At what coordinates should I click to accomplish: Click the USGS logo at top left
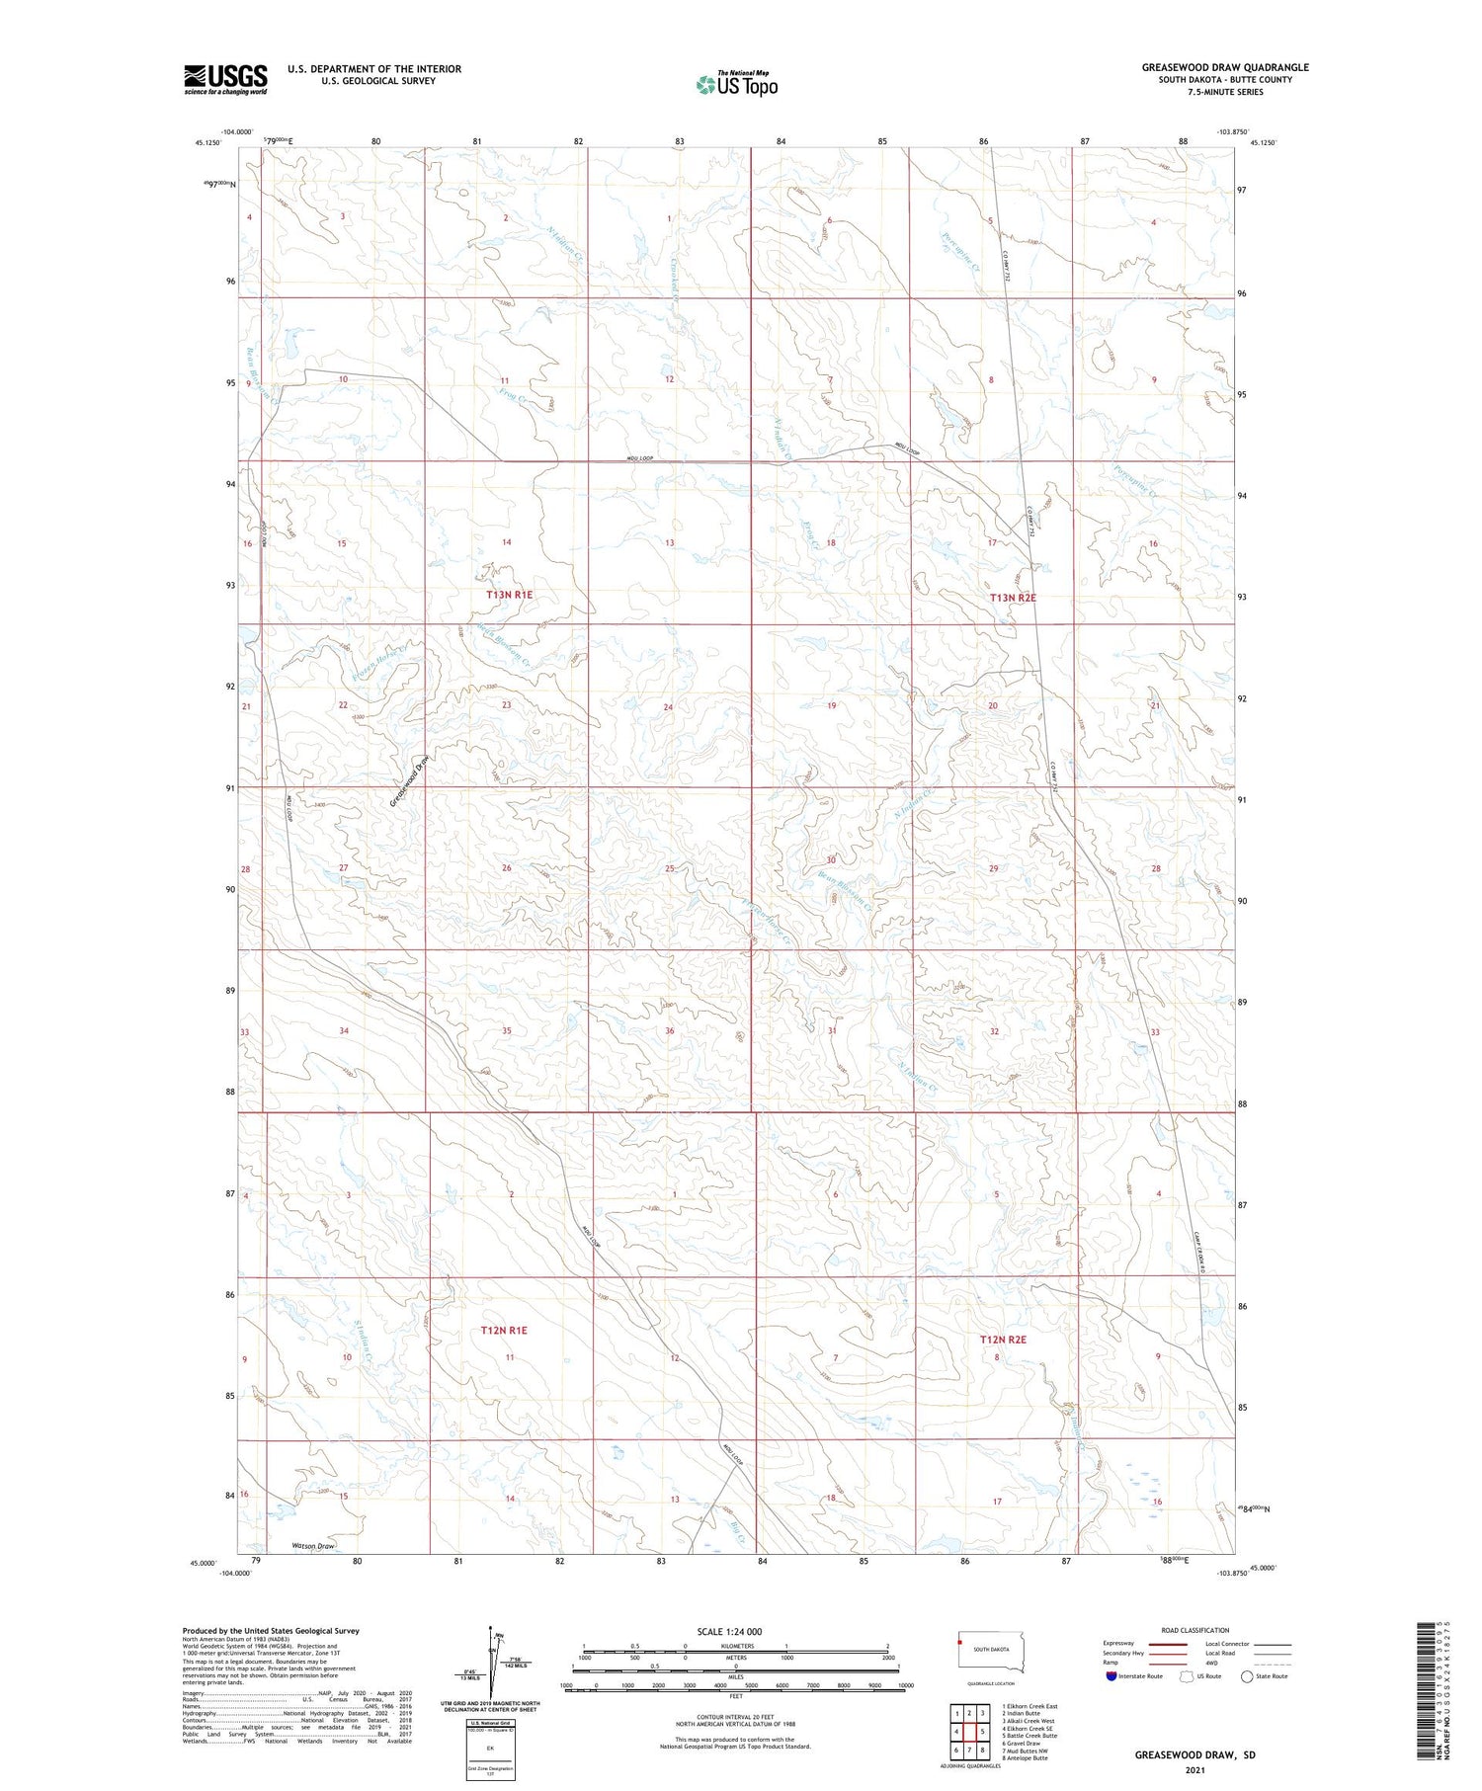[225, 79]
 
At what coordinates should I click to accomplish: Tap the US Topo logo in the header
[736, 85]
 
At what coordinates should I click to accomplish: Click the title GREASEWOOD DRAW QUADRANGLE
[1225, 67]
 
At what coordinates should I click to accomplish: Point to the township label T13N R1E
[509, 595]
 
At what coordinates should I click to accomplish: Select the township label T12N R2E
[1003, 1340]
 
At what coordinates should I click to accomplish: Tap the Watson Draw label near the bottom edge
[313, 1546]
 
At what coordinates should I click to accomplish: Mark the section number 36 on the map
[670, 1031]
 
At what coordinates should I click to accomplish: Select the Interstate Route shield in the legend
[1111, 1676]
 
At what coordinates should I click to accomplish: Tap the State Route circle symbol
[1247, 1676]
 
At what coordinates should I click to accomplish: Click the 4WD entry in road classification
[1211, 1664]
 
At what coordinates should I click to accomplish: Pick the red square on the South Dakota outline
[958, 1644]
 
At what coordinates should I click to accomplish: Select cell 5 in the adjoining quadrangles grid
[982, 1732]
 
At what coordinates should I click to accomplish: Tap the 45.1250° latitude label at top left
[208, 142]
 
